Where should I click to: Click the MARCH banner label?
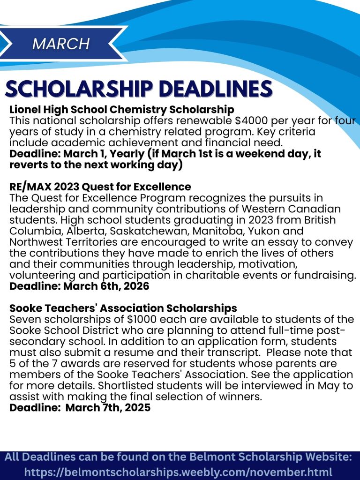pos(61,44)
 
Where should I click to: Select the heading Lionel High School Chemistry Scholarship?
pos(121,110)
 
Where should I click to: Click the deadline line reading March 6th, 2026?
pos(79,286)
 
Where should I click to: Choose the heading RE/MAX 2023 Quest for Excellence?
pos(100,187)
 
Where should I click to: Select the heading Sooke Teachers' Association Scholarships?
pos(123,308)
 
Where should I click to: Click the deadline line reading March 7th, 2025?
pos(80,408)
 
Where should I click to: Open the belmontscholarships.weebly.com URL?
pos(179,472)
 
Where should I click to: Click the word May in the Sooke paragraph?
pos(331,386)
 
